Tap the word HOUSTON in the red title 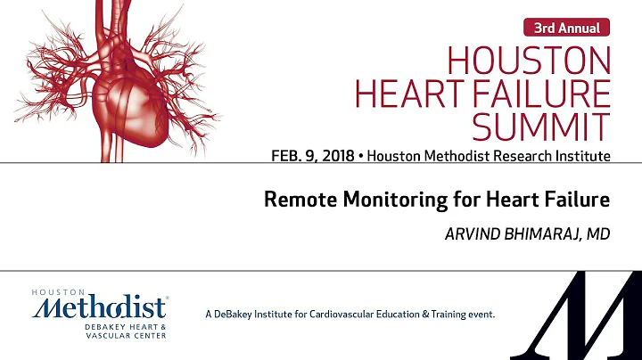529,61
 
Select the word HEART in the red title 406,95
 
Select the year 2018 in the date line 340,157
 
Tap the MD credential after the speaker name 598,232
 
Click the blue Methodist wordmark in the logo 100,309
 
